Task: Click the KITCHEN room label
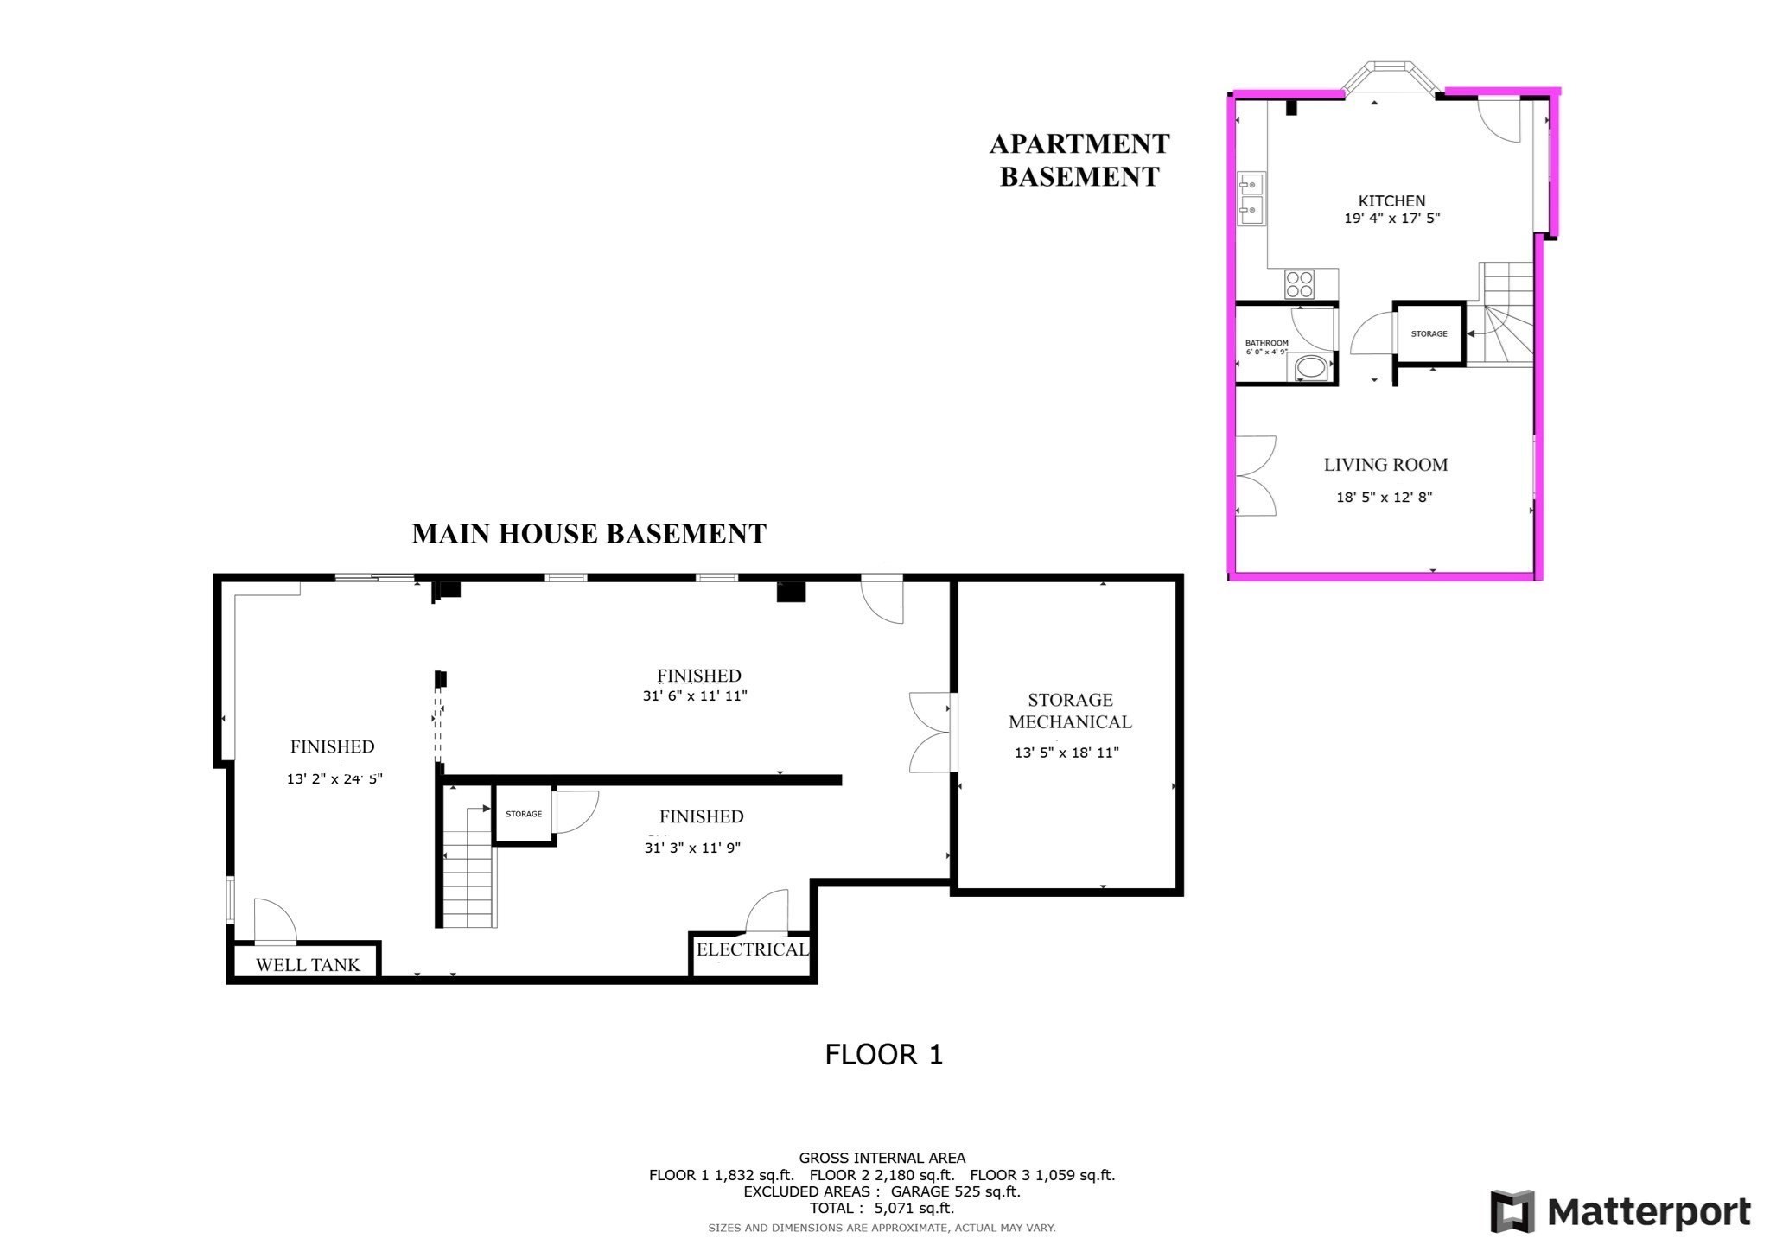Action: (1391, 200)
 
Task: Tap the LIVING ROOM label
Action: (1385, 465)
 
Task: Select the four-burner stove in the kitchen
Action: (1299, 283)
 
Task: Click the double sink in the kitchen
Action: (1250, 199)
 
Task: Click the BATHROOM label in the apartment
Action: (1266, 343)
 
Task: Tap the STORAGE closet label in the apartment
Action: (1429, 333)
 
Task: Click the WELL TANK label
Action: (308, 965)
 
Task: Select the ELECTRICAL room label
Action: (752, 949)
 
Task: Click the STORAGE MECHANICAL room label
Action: (1070, 711)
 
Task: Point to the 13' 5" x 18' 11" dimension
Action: (1066, 753)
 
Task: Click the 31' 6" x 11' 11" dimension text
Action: (695, 695)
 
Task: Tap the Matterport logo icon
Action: (1512, 1210)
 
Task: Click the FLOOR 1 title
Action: (883, 1055)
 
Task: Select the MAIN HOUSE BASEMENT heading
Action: (589, 534)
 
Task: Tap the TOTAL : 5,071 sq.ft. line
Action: (882, 1209)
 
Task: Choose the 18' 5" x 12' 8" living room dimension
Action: (1385, 498)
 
